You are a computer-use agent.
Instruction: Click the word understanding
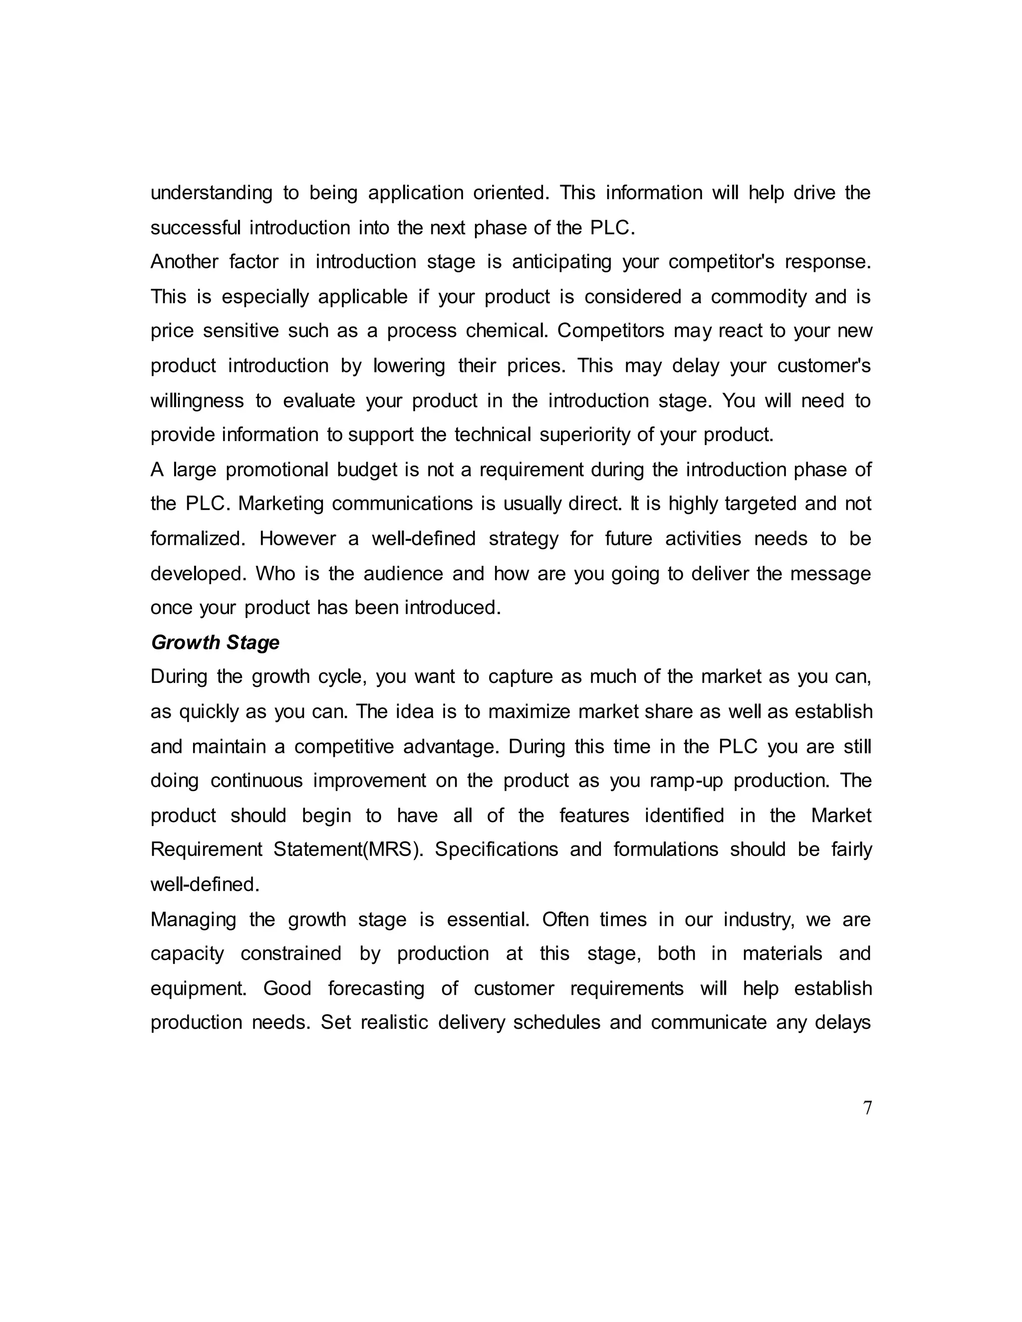click(x=211, y=193)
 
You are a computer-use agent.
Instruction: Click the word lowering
click(x=409, y=366)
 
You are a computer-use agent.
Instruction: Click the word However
click(x=297, y=539)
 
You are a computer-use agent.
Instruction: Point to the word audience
click(x=403, y=573)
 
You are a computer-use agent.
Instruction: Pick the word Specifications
click(x=496, y=850)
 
